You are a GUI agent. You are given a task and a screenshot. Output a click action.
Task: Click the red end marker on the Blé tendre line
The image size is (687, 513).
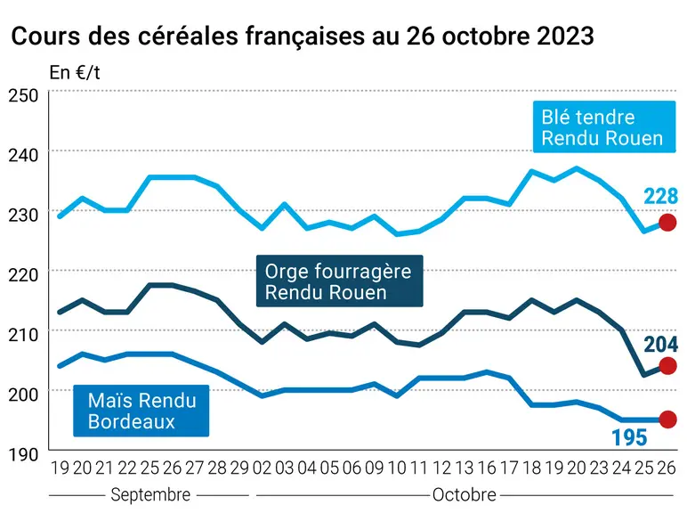tap(667, 223)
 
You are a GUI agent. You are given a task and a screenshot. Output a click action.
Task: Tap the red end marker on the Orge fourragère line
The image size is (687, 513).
tap(667, 366)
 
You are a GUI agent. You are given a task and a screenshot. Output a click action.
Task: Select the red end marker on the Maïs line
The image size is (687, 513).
tap(667, 419)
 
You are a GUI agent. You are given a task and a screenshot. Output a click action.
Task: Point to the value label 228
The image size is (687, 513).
tap(660, 196)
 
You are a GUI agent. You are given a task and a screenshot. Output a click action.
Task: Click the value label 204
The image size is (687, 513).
tap(660, 344)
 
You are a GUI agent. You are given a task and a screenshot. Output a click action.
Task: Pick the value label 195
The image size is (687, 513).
tap(629, 437)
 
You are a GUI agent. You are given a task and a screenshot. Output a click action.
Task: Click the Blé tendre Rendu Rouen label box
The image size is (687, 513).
tap(603, 126)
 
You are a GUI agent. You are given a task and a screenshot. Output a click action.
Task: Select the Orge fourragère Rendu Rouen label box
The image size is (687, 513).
tap(340, 281)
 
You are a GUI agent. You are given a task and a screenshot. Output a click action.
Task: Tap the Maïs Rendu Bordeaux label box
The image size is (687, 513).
tap(141, 411)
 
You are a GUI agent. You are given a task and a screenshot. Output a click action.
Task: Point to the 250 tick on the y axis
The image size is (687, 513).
tap(23, 95)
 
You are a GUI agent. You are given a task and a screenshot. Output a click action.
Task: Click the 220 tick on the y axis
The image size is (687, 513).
tap(23, 275)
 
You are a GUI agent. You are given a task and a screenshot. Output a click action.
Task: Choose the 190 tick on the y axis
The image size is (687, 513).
tap(23, 455)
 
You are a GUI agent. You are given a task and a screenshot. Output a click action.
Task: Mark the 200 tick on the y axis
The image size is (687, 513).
tap(23, 395)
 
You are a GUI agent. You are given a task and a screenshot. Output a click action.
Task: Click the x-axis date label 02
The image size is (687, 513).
tap(262, 468)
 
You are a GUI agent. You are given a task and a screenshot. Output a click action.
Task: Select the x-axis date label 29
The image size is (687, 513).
tap(239, 468)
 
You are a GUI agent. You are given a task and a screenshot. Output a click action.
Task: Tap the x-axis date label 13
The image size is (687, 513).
tap(464, 468)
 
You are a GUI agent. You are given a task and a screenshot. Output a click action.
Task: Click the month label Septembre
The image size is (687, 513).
tap(150, 495)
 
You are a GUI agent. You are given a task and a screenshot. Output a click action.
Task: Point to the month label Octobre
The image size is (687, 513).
tap(465, 495)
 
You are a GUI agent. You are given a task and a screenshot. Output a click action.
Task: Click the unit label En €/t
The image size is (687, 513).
tap(75, 72)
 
